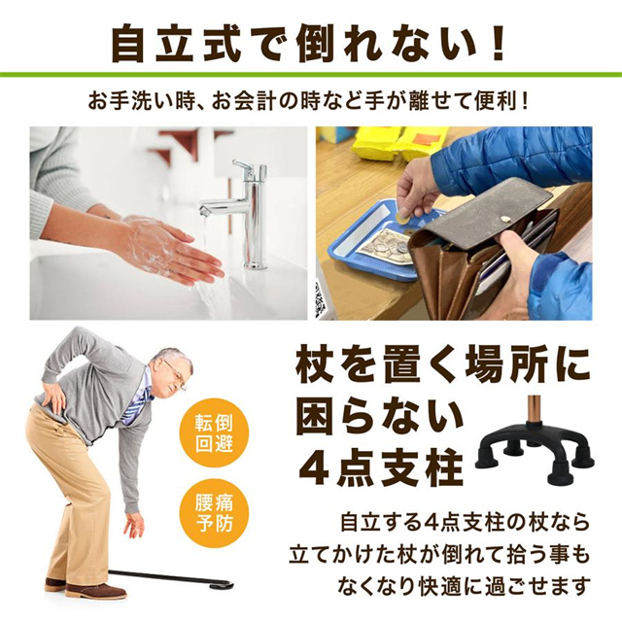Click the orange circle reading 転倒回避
tap(214, 433)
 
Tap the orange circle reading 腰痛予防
tap(214, 513)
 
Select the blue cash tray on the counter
tap(381, 242)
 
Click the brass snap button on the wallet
tap(505, 218)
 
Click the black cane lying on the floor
tap(171, 579)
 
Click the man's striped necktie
tap(136, 402)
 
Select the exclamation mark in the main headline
tap(497, 43)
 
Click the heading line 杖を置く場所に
tap(443, 364)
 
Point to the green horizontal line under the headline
tap(311, 75)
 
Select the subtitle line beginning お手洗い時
tap(309, 102)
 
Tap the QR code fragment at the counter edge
tap(319, 300)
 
